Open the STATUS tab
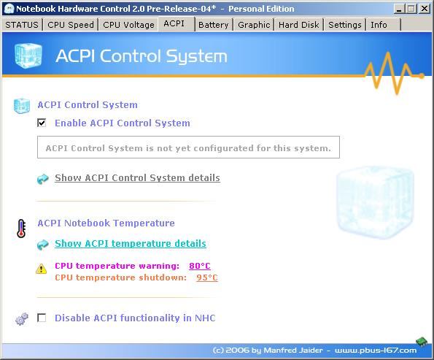tap(22, 25)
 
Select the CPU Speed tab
tap(71, 25)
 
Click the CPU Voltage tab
tap(128, 25)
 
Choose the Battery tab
tap(214, 25)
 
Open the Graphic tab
tap(254, 25)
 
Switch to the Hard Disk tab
tap(298, 25)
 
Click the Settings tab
tap(345, 25)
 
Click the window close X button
tap(425, 9)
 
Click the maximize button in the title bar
tap(411, 9)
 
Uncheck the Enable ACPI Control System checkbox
tap(42, 123)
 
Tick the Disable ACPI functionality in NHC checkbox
tap(42, 318)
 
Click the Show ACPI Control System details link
tap(137, 178)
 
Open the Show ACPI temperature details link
tap(131, 244)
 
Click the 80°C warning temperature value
tap(200, 266)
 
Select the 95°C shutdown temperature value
tap(207, 277)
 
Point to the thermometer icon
tap(21, 229)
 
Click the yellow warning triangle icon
tap(42, 269)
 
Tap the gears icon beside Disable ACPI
tap(22, 318)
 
